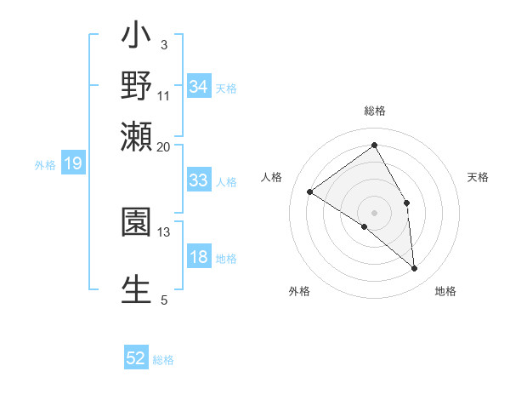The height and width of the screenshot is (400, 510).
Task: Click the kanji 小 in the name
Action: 136,39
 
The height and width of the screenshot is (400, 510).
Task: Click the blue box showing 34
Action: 198,87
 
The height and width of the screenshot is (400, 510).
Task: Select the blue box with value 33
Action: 198,180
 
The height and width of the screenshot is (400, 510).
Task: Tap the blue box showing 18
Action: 198,258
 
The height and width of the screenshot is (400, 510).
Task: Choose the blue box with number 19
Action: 73,164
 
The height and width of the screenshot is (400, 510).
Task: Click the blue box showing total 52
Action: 136,359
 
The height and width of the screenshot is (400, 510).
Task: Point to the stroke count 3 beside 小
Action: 163,44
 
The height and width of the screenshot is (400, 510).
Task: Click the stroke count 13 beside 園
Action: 163,231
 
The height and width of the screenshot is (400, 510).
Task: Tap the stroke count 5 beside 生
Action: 163,300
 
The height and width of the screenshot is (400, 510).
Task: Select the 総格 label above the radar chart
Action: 374,111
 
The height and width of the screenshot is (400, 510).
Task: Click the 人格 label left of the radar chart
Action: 272,177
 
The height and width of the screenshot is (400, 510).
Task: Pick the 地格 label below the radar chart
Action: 445,291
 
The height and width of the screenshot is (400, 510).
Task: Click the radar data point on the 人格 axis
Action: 310,191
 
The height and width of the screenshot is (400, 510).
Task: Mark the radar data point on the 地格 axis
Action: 415,269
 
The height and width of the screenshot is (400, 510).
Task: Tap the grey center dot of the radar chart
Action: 374,211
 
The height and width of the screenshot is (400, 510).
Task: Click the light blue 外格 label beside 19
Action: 45,165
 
